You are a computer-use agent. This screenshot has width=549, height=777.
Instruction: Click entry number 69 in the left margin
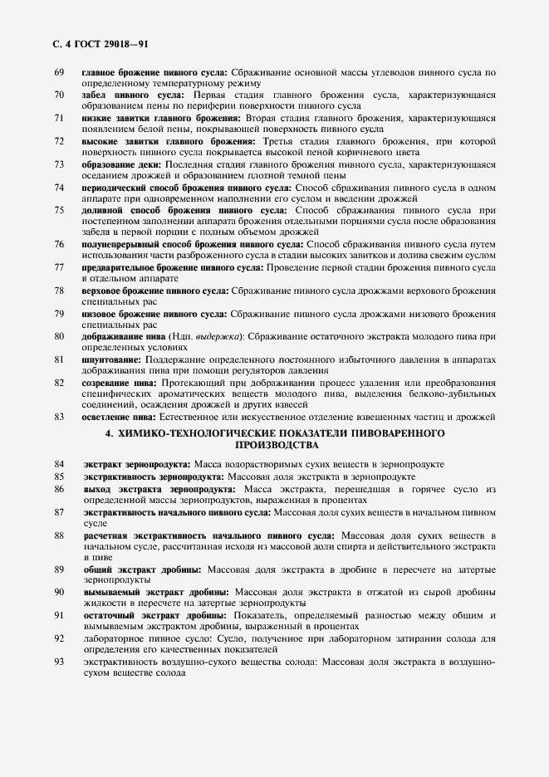(59, 73)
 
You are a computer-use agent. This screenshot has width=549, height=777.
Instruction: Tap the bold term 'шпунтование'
(112, 359)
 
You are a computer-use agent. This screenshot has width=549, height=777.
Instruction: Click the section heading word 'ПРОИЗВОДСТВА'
(275, 445)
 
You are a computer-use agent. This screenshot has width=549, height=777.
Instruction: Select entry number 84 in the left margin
(59, 464)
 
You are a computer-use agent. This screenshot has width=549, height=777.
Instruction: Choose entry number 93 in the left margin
(59, 661)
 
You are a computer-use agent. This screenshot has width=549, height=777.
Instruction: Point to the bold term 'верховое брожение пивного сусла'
(154, 291)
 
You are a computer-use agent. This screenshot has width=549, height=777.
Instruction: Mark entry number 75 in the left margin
(59, 211)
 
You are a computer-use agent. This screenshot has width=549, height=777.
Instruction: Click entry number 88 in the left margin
(59, 535)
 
